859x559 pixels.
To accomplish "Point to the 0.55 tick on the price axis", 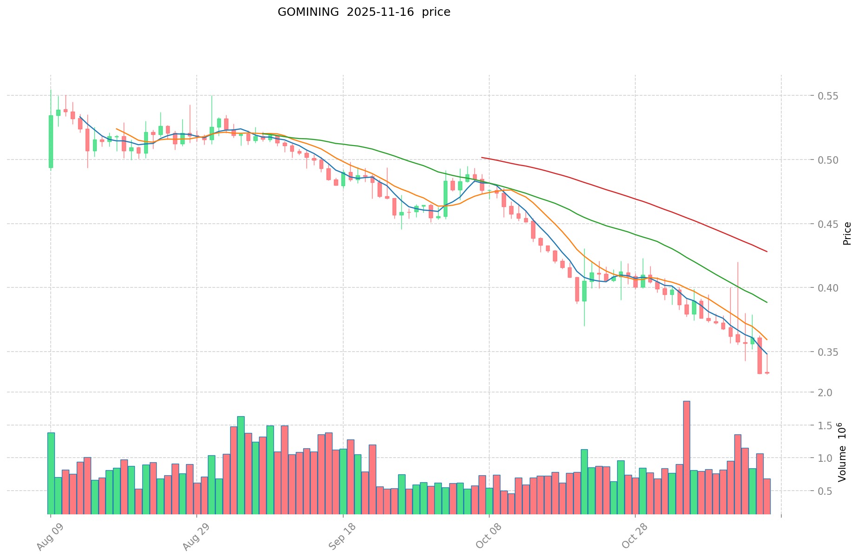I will pos(826,96).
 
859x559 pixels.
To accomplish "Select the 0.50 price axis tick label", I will pos(826,160).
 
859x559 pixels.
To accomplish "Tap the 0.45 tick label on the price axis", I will pos(826,224).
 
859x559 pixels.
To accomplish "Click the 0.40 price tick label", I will pos(826,288).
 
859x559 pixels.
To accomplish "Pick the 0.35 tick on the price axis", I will pos(826,352).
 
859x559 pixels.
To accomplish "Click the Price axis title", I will pos(847,233).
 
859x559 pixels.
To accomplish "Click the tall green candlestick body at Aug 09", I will pos(51,141).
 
